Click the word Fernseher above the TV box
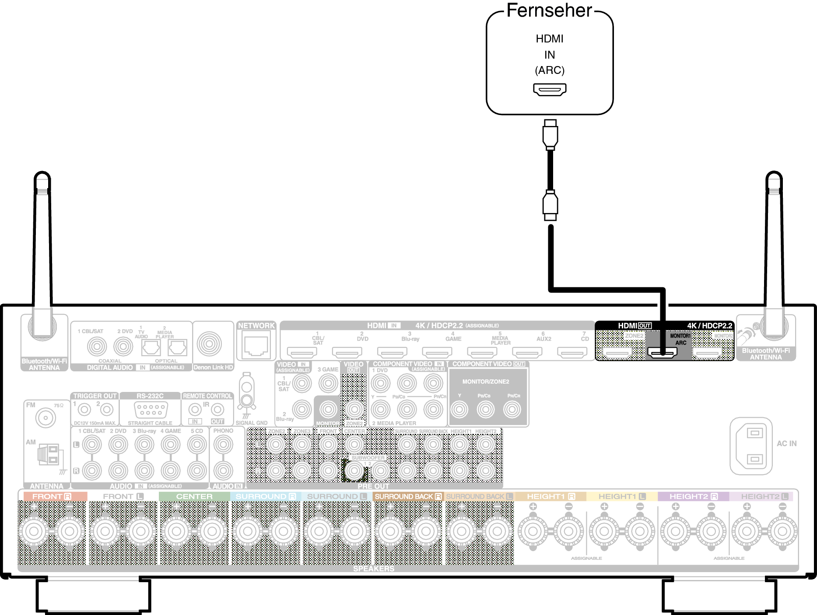coord(549,10)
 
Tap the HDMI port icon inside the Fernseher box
coord(550,89)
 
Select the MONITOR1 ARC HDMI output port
coord(663,352)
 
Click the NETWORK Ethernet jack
coord(256,346)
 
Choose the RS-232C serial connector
coord(150,409)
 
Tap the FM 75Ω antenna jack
coord(46,418)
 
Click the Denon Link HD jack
coord(209,344)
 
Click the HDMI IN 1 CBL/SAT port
coord(302,352)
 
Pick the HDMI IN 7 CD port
coord(572,352)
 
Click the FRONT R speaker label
coord(52,496)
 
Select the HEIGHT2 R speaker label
coord(693,496)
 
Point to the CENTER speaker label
coord(194,496)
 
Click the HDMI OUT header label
coord(634,325)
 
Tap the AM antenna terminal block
coord(48,455)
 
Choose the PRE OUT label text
coord(373,486)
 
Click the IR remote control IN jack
coord(195,410)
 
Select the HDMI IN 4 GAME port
coord(437,352)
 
